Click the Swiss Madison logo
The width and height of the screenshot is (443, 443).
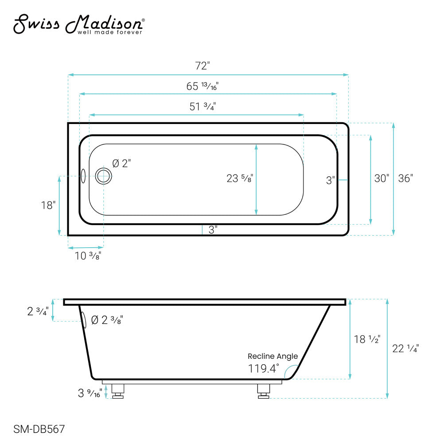tap(79, 24)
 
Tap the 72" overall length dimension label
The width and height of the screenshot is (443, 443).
tap(202, 66)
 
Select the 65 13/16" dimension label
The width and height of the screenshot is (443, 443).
tap(202, 86)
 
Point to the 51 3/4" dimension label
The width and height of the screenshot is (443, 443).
tap(202, 107)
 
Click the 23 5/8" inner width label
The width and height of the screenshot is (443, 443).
tap(240, 179)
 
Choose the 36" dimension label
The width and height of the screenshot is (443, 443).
tap(405, 178)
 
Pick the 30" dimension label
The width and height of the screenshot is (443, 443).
tap(382, 178)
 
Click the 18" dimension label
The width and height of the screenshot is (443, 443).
tap(48, 206)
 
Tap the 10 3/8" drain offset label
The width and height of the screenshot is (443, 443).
tap(88, 256)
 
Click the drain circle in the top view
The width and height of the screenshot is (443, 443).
tap(103, 176)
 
